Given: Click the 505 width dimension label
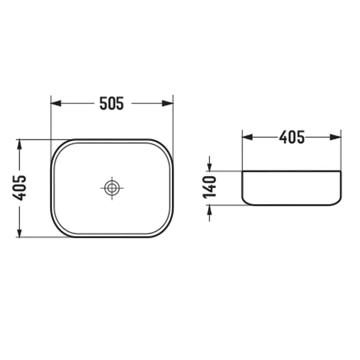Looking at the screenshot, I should tap(112, 103).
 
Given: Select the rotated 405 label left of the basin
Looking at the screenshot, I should tap(20, 188).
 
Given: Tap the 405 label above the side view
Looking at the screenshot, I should tap(292, 137).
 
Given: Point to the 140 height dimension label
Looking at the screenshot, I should tap(209, 187).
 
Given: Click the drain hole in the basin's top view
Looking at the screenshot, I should tap(112, 188).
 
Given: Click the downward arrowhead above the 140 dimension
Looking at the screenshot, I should tap(209, 166).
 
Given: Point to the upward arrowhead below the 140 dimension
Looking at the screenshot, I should tap(209, 209).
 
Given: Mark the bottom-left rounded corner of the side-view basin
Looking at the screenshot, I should tap(245, 202).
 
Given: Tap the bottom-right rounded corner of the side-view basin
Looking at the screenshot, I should tap(339, 202).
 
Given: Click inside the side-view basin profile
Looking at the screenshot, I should tap(292, 188).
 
